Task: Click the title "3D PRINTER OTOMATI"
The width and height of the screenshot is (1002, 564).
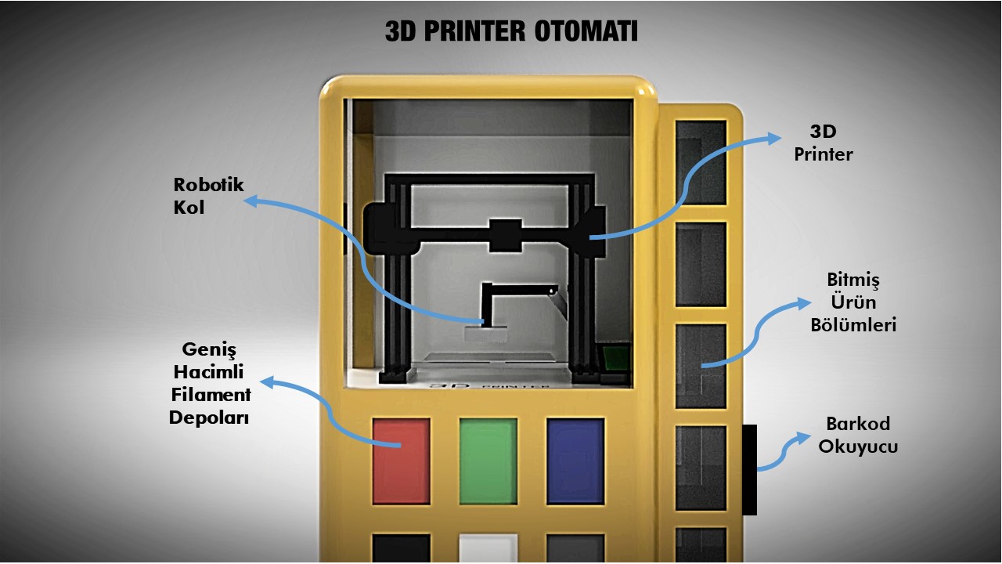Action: coord(511,31)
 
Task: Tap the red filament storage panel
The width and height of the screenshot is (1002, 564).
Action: coord(401,461)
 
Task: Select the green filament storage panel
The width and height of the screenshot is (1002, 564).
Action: coord(488,461)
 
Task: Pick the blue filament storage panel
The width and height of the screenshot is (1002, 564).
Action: coord(575,461)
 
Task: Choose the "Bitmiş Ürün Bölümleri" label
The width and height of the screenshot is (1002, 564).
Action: coord(861,302)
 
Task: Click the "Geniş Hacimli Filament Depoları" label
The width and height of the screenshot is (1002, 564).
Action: coord(210,383)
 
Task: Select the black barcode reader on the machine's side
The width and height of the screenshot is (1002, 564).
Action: coord(749,469)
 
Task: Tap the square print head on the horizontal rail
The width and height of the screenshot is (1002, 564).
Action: coord(505,236)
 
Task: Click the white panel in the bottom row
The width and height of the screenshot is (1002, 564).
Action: coord(488,548)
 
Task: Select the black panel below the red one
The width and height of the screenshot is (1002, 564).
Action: coord(401,548)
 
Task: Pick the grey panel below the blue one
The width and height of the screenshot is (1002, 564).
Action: coord(575,548)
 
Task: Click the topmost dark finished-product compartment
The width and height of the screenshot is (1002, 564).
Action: coord(701,163)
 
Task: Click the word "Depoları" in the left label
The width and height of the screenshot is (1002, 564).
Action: coord(209,418)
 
